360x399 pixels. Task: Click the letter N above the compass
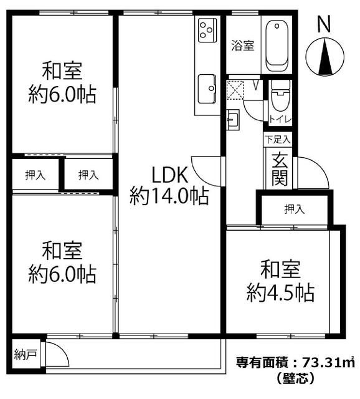tap(323, 24)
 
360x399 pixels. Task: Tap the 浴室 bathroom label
tap(243, 45)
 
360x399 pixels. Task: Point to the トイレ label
tap(276, 120)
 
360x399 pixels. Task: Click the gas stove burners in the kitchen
tap(207, 28)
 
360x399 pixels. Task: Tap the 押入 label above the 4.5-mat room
tap(294, 209)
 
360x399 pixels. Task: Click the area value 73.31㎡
tap(326, 362)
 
